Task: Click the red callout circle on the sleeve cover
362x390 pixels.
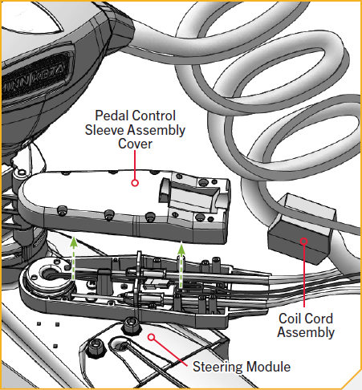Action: (134, 182)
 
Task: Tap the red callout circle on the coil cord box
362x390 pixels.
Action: (303, 239)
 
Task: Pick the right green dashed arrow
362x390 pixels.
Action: (182, 265)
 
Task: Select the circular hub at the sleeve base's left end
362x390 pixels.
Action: (39, 277)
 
